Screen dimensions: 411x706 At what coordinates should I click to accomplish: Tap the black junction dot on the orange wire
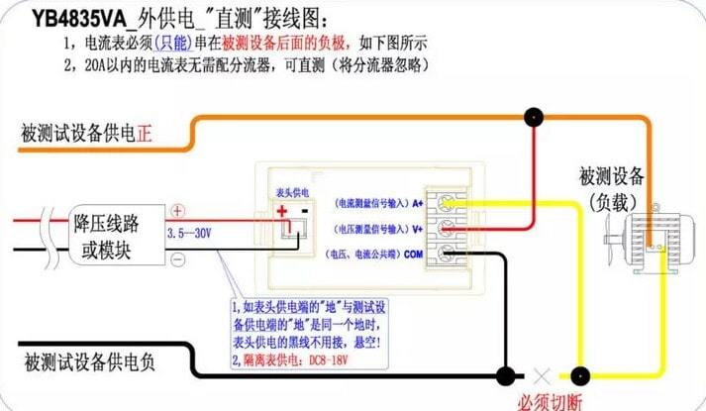point(534,117)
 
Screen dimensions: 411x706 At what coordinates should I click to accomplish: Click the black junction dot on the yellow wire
point(581,376)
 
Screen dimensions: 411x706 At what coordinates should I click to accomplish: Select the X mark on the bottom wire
point(541,377)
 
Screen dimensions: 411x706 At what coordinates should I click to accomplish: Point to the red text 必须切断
point(548,401)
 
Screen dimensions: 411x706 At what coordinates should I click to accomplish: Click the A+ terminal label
point(419,202)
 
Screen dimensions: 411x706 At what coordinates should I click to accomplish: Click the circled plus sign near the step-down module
point(178,211)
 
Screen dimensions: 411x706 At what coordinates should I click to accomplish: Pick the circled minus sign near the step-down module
point(178,259)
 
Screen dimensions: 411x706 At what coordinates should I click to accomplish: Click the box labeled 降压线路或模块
point(117,236)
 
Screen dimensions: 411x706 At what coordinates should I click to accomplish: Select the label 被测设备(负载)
point(612,188)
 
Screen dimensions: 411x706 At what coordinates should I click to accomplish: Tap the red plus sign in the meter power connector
point(281,210)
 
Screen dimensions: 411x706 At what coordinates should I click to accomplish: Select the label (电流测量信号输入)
point(366,202)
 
